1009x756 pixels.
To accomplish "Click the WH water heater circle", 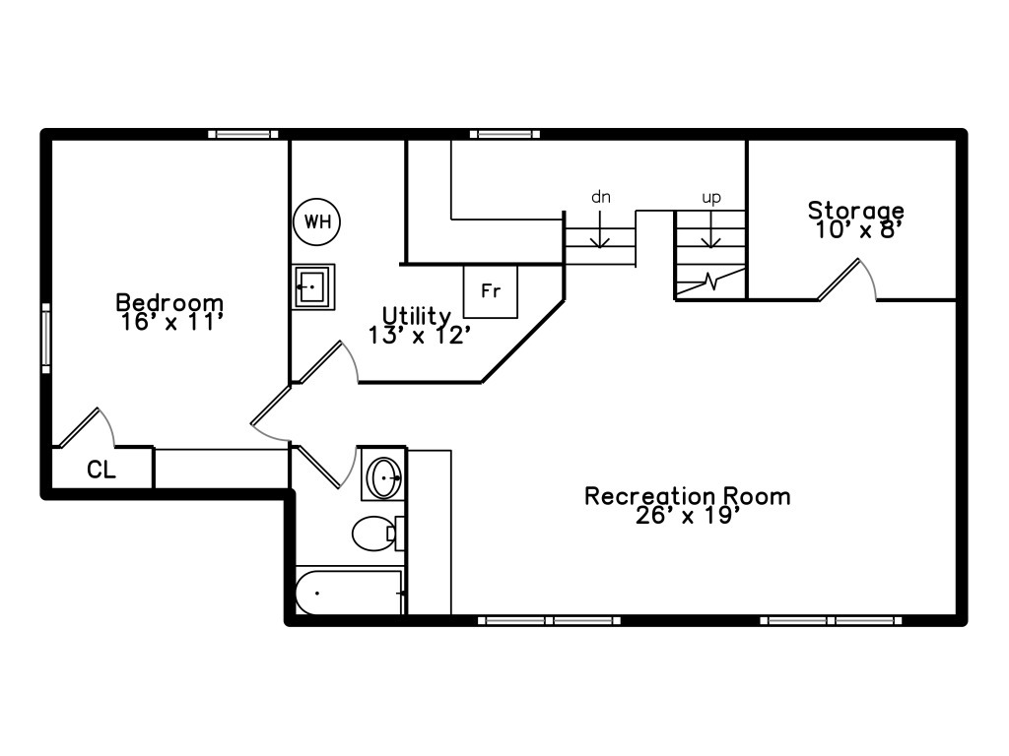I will click(316, 221).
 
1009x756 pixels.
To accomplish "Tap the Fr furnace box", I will click(491, 291).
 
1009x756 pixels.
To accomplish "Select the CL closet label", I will click(101, 471).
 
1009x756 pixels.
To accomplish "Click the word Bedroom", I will click(169, 302).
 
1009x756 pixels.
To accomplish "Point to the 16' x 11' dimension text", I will click(169, 321).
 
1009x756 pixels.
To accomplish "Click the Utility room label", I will click(417, 316).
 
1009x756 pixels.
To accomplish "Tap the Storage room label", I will click(855, 210).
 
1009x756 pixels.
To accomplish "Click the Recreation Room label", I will click(687, 495).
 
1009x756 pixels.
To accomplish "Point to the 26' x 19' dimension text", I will click(687, 515).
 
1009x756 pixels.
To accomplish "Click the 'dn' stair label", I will click(601, 197).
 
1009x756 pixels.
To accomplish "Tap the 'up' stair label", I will click(710, 198).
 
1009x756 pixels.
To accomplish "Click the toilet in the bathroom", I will click(373, 534).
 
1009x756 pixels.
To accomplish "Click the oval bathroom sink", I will click(383, 477).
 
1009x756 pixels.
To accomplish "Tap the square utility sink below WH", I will click(313, 286).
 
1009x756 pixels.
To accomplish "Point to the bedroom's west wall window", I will click(45, 339).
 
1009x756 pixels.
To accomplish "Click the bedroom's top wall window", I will click(242, 134).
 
